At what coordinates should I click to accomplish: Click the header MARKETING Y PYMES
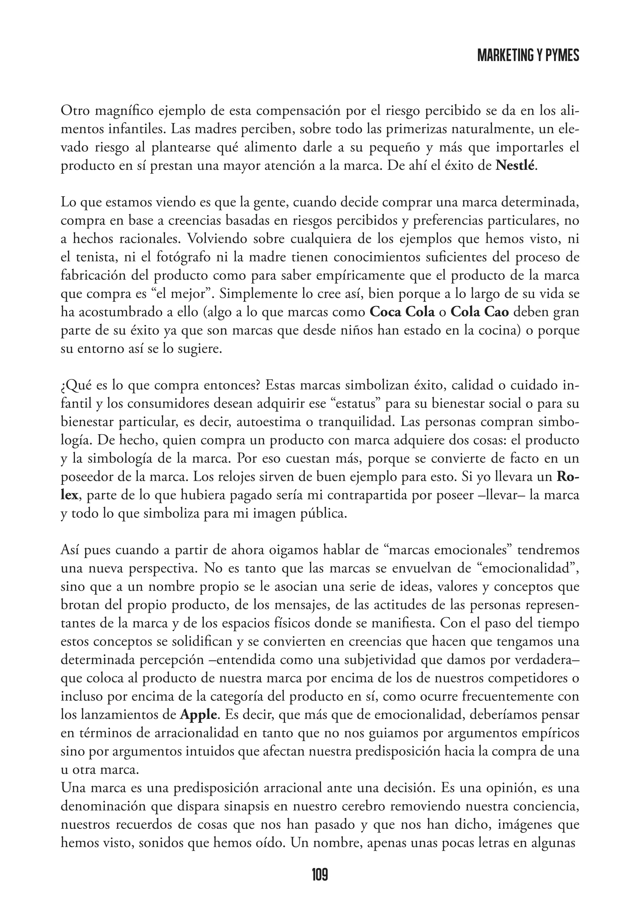tap(528, 56)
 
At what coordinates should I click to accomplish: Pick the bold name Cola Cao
tap(480, 312)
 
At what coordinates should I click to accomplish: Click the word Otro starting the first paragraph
tap(75, 111)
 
